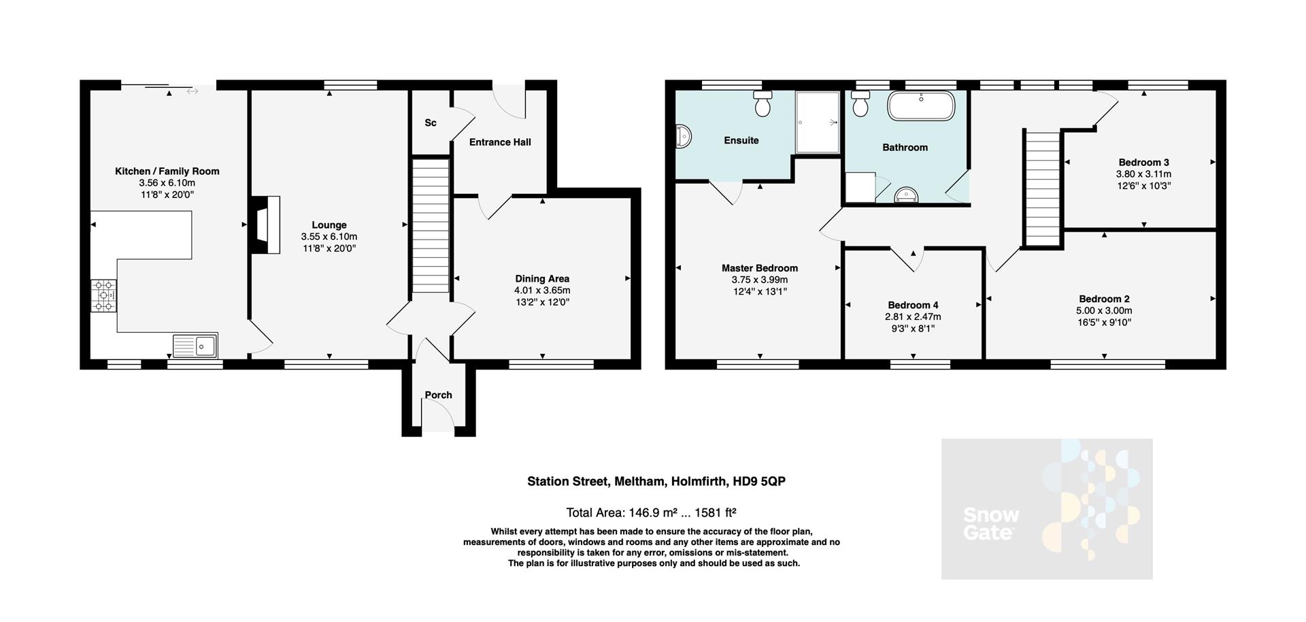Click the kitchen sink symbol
point(195,346)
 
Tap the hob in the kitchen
point(104,296)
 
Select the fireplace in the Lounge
point(266,225)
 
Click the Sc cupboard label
point(430,123)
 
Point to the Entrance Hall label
point(500,142)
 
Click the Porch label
point(438,395)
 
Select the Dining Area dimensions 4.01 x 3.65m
point(542,290)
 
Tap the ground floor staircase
point(431,225)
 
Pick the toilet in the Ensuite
point(763,104)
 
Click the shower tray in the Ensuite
point(818,122)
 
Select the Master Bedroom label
point(759,268)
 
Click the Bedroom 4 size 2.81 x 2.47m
point(913,316)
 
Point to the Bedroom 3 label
point(1143,162)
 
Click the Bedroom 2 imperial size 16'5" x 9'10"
point(1105,323)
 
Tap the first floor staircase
point(1043,189)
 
